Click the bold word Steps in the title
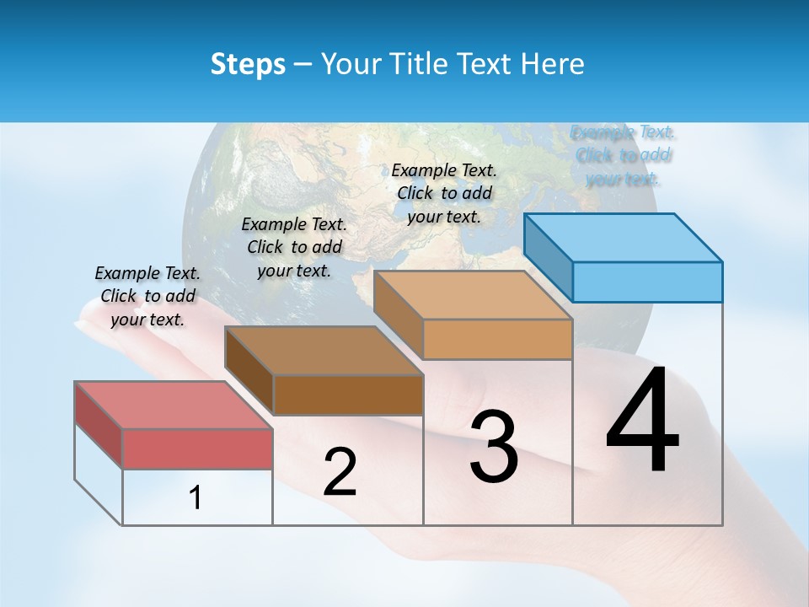248,64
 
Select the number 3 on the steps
494,447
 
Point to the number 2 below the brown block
340,472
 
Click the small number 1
196,497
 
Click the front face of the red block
197,449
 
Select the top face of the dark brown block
324,350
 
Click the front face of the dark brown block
348,395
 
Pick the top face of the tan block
473,295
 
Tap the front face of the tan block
497,340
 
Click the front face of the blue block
647,282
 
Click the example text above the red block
148,296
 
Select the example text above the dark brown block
294,247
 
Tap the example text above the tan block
444,193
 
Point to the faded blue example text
624,155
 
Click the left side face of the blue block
549,257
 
